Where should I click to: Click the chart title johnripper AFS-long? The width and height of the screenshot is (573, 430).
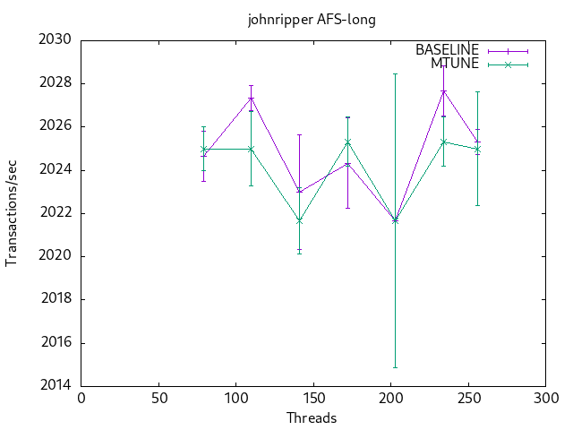pyautogui.click(x=312, y=20)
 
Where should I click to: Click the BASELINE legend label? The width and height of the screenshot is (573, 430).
pyautogui.click(x=447, y=50)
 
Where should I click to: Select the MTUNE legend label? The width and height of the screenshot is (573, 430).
pyautogui.click(x=454, y=64)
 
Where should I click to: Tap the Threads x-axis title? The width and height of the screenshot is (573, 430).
pyautogui.click(x=312, y=417)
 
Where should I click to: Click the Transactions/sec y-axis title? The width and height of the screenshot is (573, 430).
pyautogui.click(x=12, y=213)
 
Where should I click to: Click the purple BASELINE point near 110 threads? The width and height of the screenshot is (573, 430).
pyautogui.click(x=251, y=98)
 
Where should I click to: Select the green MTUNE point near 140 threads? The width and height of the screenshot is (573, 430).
pyautogui.click(x=299, y=220)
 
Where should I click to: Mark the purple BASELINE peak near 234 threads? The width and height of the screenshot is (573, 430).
pyautogui.click(x=443, y=91)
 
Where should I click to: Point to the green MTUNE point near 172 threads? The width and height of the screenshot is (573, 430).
pyautogui.click(x=347, y=142)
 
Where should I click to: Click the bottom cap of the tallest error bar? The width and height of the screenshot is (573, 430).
pyautogui.click(x=395, y=367)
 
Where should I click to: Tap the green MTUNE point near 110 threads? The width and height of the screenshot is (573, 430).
pyautogui.click(x=251, y=149)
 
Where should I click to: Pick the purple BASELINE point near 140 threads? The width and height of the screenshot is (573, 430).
pyautogui.click(x=299, y=191)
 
